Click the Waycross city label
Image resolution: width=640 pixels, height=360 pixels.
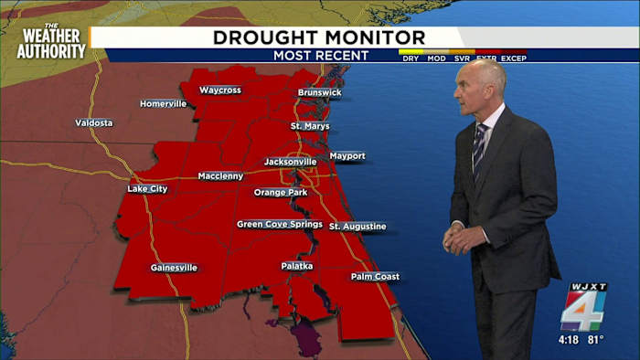pyautogui.click(x=219, y=90)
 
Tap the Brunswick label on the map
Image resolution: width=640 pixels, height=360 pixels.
pyautogui.click(x=319, y=93)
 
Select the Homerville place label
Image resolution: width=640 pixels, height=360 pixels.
pyautogui.click(x=164, y=103)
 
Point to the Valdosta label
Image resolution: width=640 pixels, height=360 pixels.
pyautogui.click(x=94, y=122)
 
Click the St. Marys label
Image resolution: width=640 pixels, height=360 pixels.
pyautogui.click(x=310, y=125)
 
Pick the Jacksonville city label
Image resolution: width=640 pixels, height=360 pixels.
pyautogui.click(x=290, y=162)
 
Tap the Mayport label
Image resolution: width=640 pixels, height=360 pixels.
pyautogui.click(x=347, y=156)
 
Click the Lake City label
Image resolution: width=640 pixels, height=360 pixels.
pyautogui.click(x=148, y=189)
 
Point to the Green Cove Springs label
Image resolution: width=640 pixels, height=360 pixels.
pyautogui.click(x=280, y=224)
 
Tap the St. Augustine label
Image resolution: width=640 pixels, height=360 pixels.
pyautogui.click(x=357, y=226)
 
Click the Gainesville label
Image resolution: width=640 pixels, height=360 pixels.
pyautogui.click(x=174, y=268)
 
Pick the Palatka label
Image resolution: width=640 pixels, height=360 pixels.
pyautogui.click(x=297, y=266)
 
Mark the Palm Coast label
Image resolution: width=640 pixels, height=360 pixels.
pyautogui.click(x=375, y=276)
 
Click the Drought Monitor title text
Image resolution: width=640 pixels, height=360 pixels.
pyautogui.click(x=319, y=37)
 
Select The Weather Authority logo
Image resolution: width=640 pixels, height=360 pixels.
pyautogui.click(x=51, y=41)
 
